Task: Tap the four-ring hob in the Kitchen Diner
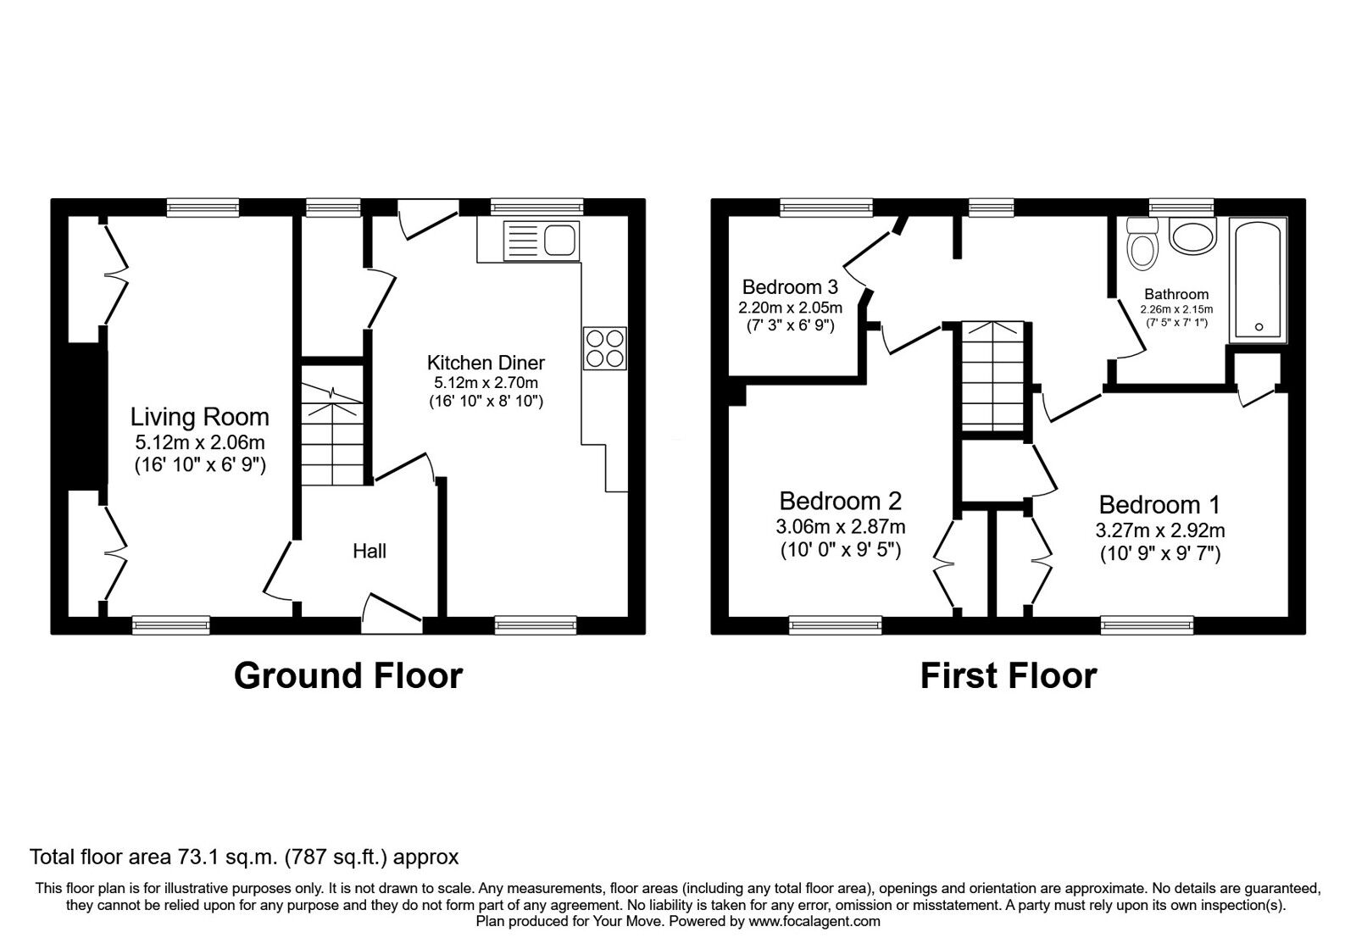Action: click(605, 348)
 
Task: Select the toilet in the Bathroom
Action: click(1143, 245)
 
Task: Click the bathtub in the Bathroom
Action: click(1259, 280)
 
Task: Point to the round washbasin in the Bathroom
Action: click(1192, 235)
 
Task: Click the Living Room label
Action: click(200, 417)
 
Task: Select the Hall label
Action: click(370, 552)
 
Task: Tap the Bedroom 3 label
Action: click(790, 287)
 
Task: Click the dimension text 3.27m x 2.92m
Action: click(1159, 531)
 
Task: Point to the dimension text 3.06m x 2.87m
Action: click(840, 527)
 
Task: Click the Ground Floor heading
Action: click(347, 676)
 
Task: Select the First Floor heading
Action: click(1008, 676)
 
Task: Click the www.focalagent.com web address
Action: click(814, 921)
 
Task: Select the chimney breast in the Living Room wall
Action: click(85, 416)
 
